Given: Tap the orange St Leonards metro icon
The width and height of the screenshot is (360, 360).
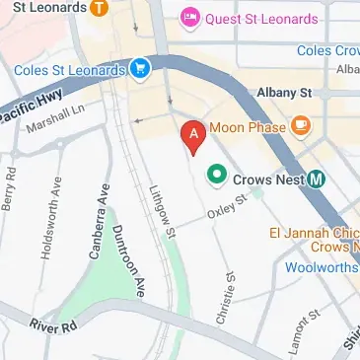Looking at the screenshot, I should click(98, 8).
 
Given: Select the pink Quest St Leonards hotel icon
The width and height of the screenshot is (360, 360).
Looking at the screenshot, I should click(188, 19).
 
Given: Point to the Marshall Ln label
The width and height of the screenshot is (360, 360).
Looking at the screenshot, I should click(57, 126).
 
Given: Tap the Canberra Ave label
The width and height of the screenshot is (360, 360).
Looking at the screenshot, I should click(97, 226).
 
